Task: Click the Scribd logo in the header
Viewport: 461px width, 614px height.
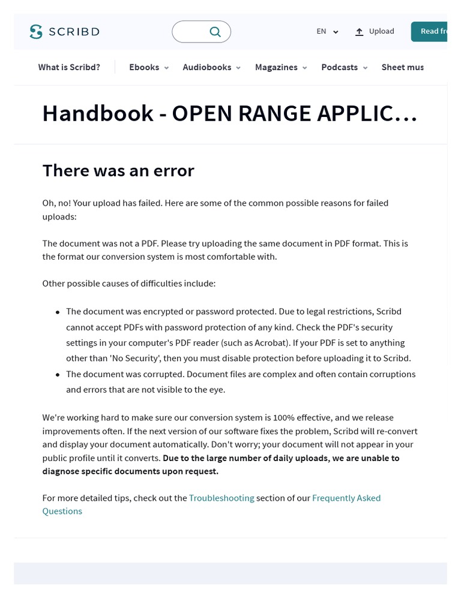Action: [x=64, y=32]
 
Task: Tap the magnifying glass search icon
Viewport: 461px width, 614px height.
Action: [x=215, y=32]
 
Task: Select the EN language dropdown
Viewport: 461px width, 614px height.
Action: [x=327, y=32]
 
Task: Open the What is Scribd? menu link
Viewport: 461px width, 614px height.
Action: [x=69, y=67]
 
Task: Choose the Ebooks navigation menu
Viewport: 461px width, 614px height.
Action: [x=149, y=67]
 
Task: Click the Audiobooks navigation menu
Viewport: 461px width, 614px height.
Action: [x=211, y=67]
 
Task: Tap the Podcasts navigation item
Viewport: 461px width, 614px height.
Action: [x=344, y=67]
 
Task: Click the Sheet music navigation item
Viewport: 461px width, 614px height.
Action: [x=402, y=67]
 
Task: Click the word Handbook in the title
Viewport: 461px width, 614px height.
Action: [x=97, y=113]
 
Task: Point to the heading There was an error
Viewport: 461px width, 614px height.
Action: [x=118, y=171]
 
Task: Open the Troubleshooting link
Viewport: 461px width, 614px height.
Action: [x=221, y=498]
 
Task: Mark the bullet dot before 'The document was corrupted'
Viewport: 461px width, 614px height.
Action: [x=58, y=375]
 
